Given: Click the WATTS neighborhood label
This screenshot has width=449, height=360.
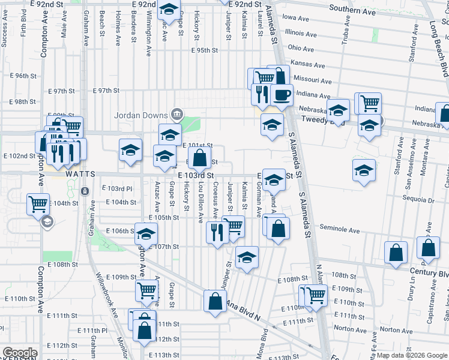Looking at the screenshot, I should [x=80, y=173].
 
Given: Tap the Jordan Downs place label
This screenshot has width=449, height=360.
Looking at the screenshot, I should [x=143, y=114].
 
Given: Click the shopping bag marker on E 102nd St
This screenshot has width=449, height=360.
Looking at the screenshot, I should [x=200, y=159].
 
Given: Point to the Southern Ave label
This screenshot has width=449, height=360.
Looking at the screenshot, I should [x=352, y=11].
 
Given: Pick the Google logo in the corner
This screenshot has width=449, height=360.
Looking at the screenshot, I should [x=20, y=353].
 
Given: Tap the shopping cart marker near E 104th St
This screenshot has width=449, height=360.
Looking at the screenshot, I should [x=38, y=203].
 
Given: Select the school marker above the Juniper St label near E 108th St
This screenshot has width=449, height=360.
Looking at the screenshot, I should [x=246, y=257].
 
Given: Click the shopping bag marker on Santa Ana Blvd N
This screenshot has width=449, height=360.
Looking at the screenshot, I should [x=215, y=301].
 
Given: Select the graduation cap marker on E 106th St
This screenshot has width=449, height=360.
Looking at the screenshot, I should [x=145, y=234].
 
